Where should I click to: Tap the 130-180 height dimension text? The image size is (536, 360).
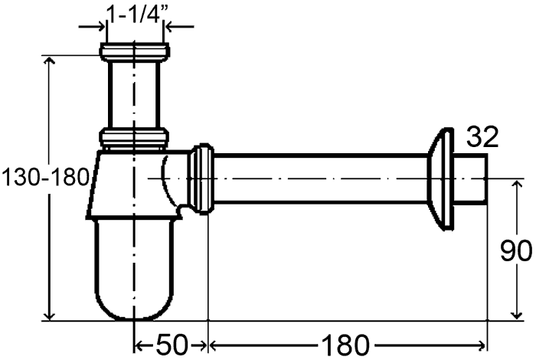click(x=45, y=178)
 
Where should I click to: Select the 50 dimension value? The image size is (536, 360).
click(x=172, y=345)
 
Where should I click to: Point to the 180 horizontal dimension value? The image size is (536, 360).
click(x=345, y=345)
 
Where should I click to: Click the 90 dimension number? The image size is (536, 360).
click(x=516, y=251)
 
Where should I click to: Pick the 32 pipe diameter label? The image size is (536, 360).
click(x=482, y=136)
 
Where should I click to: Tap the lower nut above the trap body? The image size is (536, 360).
click(x=134, y=136)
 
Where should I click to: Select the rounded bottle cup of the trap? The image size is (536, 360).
click(x=134, y=270)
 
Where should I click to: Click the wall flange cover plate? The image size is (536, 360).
click(x=440, y=179)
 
